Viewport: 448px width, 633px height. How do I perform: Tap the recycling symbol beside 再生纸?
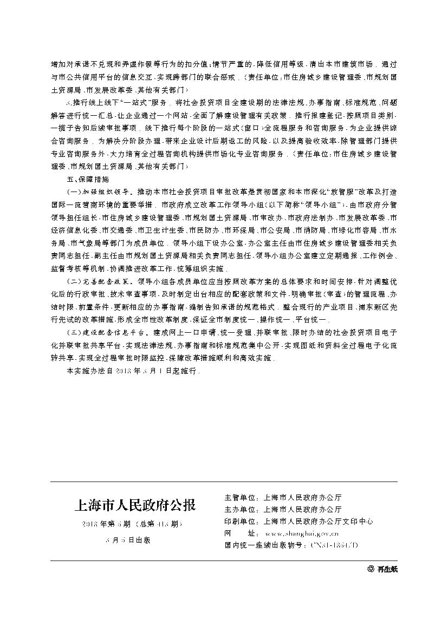tap(371, 569)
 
